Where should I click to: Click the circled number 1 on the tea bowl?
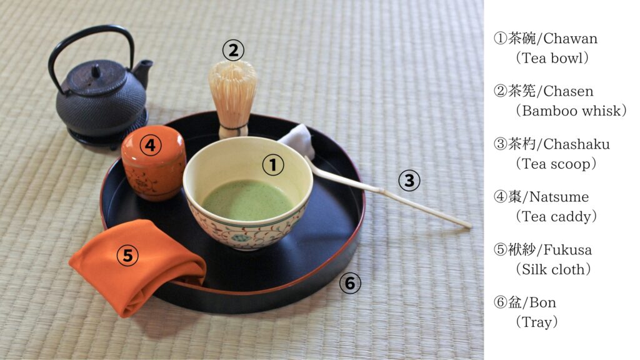(273, 165)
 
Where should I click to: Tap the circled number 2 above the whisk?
(233, 50)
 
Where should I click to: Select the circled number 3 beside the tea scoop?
(409, 181)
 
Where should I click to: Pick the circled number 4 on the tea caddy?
(149, 146)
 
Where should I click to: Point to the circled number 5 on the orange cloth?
(127, 255)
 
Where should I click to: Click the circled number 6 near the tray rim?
(349, 284)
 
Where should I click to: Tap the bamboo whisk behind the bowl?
(232, 97)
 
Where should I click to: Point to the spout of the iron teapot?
(144, 67)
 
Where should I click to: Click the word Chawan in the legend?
(571, 39)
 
